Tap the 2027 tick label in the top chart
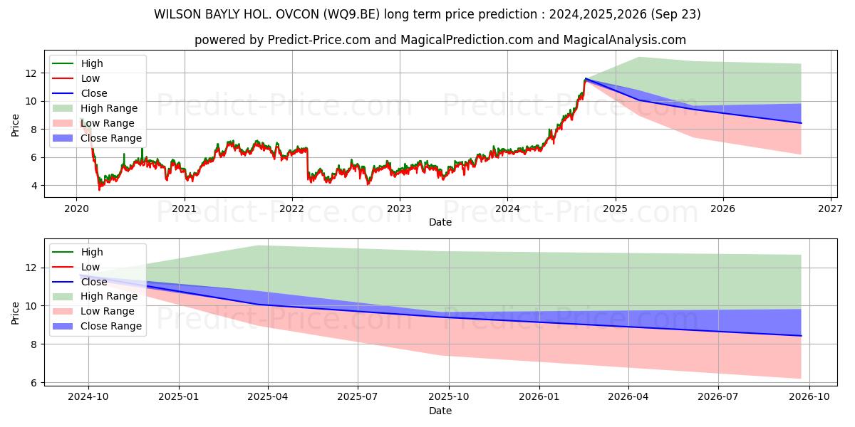tap(831, 209)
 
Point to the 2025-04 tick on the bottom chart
tap(268, 385)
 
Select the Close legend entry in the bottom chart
tap(94, 282)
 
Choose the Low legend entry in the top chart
tap(90, 78)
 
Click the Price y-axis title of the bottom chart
tap(16, 312)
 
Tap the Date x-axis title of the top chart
tap(440, 222)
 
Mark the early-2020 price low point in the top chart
tap(99, 189)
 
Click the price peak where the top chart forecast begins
tap(586, 78)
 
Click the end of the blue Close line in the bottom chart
tap(801, 335)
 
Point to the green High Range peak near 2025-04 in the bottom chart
tap(257, 246)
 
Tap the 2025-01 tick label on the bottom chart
tap(178, 396)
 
